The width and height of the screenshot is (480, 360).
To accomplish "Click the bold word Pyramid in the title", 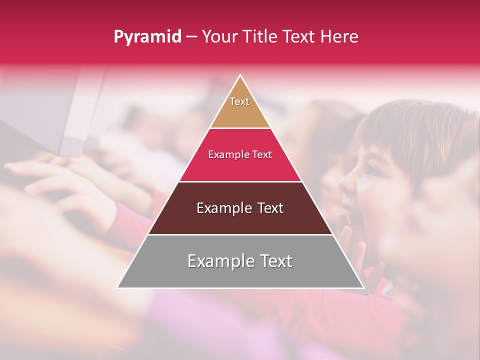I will coord(147,37).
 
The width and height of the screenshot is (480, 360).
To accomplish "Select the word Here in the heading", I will coord(339,37).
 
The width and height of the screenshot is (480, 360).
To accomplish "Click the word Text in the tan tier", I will coord(239,101).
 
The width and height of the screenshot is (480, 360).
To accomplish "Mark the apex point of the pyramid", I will coord(240,75).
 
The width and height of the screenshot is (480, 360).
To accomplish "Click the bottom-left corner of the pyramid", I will coord(117,287).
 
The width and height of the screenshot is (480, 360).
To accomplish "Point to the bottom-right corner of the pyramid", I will coord(363,287).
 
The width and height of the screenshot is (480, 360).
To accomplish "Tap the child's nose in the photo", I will coord(345,184).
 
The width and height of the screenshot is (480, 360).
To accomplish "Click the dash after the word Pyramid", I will coord(191,37).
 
